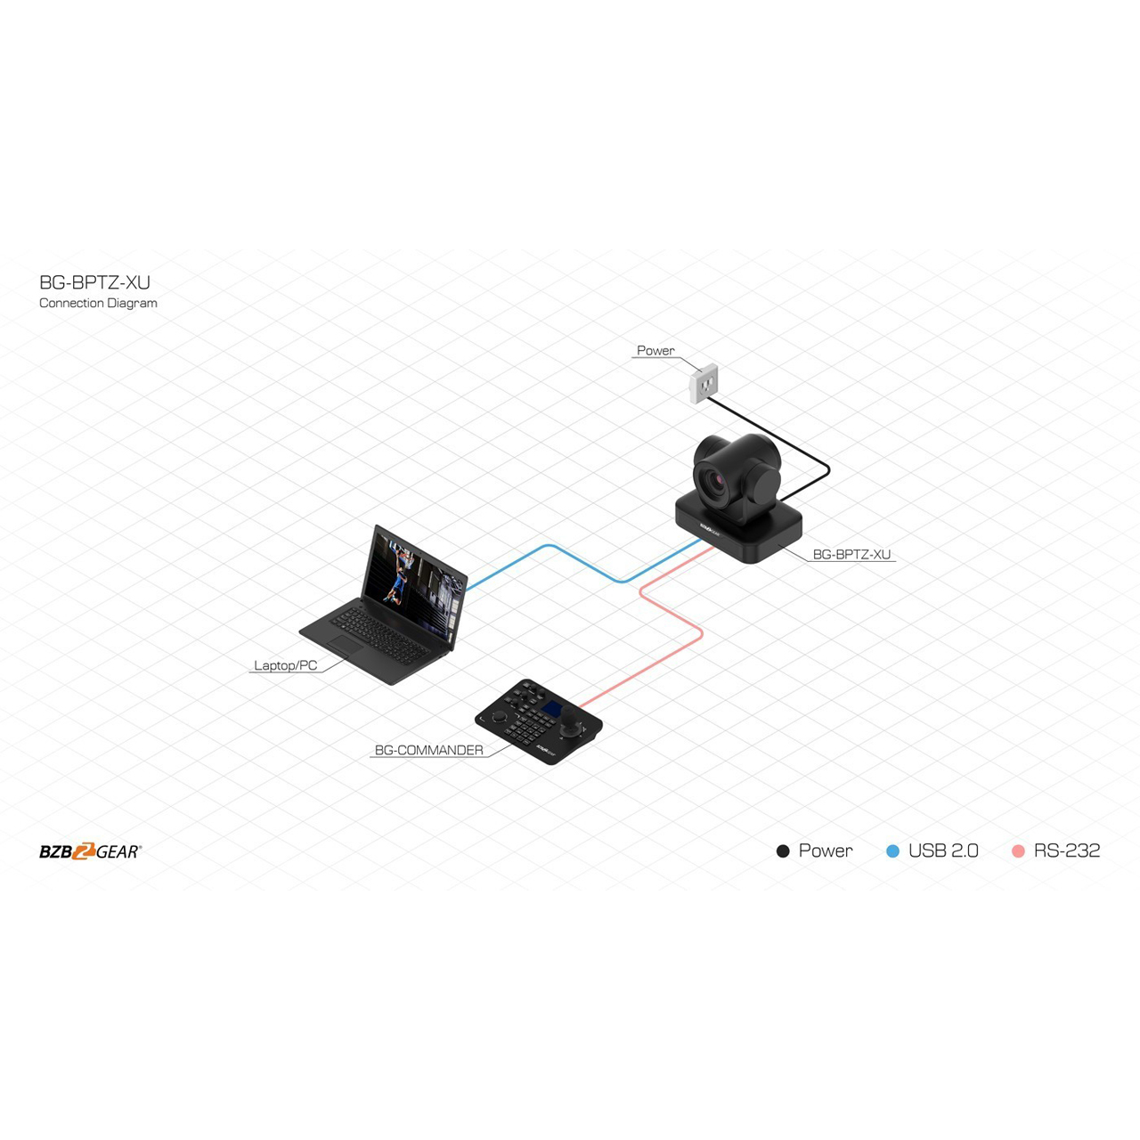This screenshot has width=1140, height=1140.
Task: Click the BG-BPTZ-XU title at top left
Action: coord(94,282)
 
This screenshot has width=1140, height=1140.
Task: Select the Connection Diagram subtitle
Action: coord(98,303)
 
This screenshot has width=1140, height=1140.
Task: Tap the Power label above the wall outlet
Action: coord(655,350)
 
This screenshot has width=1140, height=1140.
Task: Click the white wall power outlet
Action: coord(704,384)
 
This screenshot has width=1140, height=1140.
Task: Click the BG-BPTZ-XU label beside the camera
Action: coord(851,554)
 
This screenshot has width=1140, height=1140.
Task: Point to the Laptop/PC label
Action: coord(286,665)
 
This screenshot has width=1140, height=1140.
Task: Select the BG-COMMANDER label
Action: coord(429,750)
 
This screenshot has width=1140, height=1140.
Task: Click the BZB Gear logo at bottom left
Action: coord(91,851)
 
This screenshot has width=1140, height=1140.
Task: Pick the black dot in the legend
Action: coord(783,851)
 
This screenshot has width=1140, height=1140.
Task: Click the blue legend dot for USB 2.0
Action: coord(892,851)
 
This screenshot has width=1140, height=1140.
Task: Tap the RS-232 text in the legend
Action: coord(1067,851)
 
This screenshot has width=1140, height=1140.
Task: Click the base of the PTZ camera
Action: coord(739,529)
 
